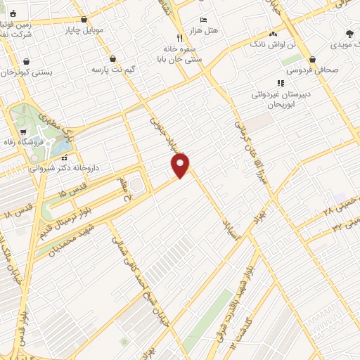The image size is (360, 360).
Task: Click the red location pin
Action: pyautogui.click(x=181, y=165)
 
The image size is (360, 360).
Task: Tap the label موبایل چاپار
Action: pyautogui.click(x=84, y=30)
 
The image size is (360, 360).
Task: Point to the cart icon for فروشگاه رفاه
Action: pyautogui.click(x=23, y=131)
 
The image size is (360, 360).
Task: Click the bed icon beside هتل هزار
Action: pyautogui.click(x=203, y=20)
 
